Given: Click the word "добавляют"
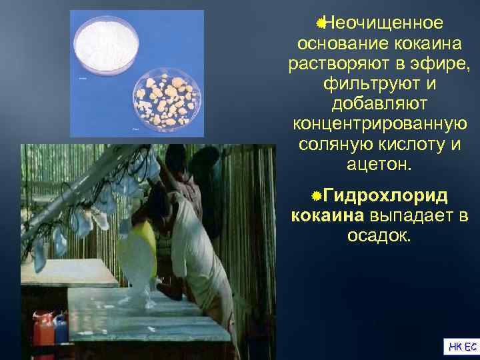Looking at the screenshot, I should tap(379, 105).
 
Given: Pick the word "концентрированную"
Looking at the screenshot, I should tap(379, 125).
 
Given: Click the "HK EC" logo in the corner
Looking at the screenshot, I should tap(461, 346).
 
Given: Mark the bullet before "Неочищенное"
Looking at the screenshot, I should tap(321, 23).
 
